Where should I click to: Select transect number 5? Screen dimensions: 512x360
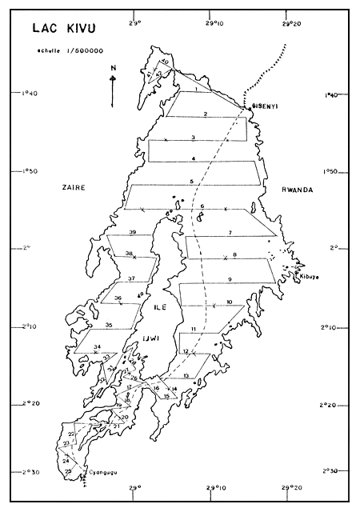[x=192, y=182]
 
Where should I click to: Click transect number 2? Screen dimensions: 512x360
[x=206, y=114]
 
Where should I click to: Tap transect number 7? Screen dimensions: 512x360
[x=229, y=232]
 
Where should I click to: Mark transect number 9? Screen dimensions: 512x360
[x=229, y=278]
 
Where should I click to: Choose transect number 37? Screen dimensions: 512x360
[x=131, y=278]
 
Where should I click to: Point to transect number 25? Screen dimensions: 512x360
[x=68, y=472]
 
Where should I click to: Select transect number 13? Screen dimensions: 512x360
[x=186, y=375]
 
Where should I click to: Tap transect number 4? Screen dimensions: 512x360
[x=193, y=159]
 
